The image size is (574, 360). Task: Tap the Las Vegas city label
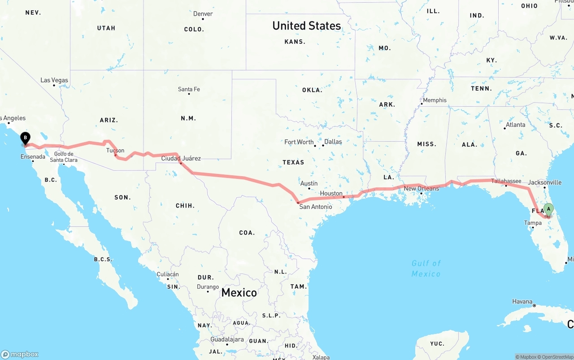click(x=54, y=80)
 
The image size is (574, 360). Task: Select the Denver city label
click(x=203, y=14)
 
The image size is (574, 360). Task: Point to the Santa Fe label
click(x=189, y=89)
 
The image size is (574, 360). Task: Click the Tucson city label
click(x=115, y=151)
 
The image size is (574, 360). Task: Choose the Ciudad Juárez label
click(x=181, y=158)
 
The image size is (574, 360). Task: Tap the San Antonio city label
click(x=316, y=207)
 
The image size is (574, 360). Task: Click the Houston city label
click(x=331, y=193)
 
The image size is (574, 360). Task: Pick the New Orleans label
click(x=422, y=188)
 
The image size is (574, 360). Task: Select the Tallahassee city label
click(x=506, y=181)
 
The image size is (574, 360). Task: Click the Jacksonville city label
click(x=544, y=182)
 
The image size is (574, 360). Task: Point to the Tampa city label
click(x=533, y=223)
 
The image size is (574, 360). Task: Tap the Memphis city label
click(x=435, y=100)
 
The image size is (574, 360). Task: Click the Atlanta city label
click(x=515, y=125)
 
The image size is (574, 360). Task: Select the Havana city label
click(x=522, y=302)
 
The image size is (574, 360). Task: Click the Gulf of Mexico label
click(x=426, y=268)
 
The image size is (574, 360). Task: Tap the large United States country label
click(x=307, y=26)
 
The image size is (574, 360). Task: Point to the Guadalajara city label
click(x=227, y=339)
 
